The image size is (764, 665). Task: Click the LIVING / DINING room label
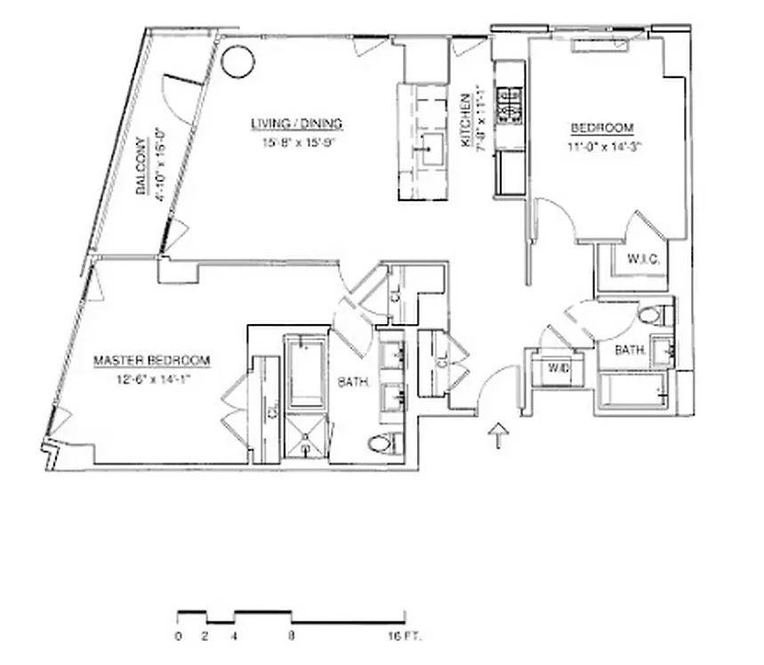(296, 124)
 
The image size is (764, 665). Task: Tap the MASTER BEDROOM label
(152, 361)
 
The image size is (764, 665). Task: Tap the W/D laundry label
(558, 368)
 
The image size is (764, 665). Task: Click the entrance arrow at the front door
(499, 435)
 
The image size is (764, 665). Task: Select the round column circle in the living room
(237, 61)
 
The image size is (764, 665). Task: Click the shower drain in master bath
(306, 437)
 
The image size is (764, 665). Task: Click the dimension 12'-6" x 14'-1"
(152, 377)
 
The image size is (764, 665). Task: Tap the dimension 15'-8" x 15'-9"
(296, 141)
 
